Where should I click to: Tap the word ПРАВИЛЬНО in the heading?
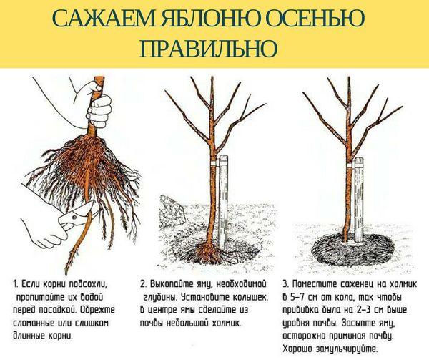[x=208, y=48]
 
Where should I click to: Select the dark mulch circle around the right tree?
[x=353, y=249]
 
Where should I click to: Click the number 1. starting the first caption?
[x=16, y=283]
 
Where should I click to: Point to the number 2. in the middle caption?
[x=144, y=283]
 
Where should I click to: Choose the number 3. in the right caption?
[x=285, y=283]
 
